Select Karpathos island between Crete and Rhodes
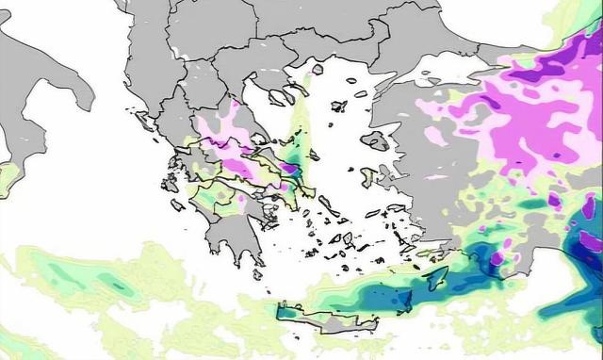tap(404, 302)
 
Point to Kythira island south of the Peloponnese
tap(257, 272)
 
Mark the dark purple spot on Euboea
tap(294, 169)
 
